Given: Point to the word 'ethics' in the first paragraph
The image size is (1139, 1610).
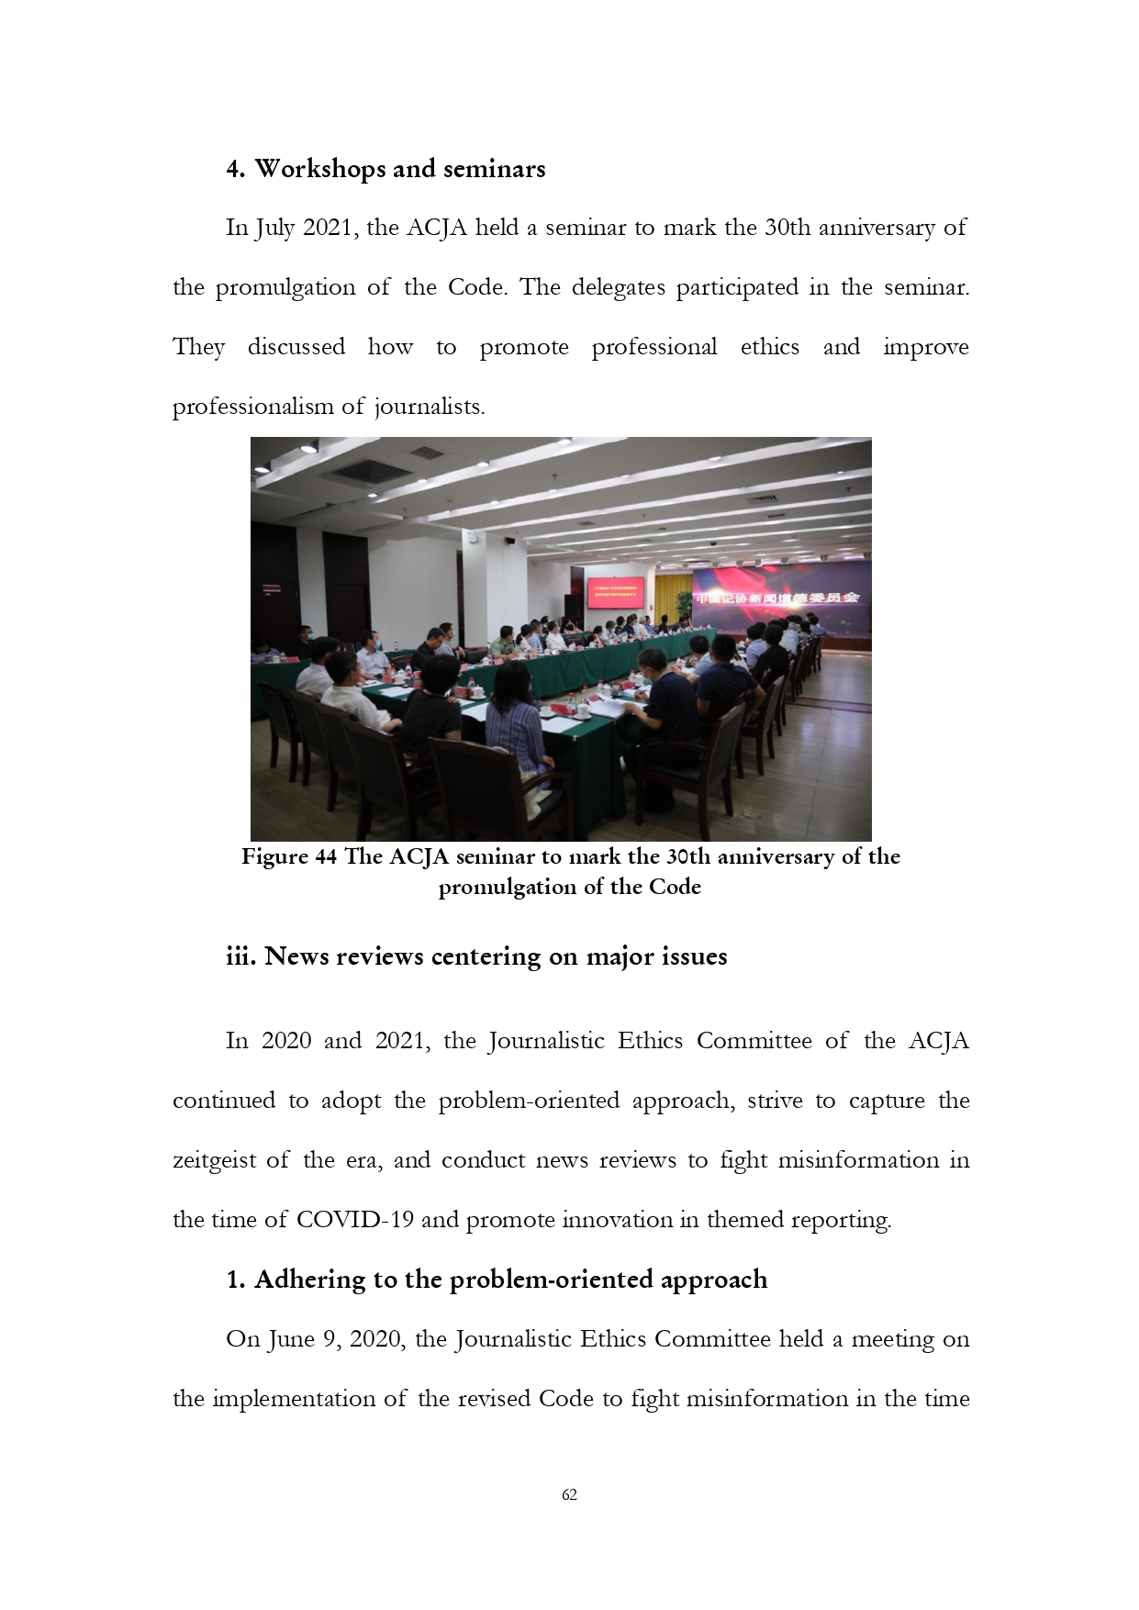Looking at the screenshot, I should (769, 347).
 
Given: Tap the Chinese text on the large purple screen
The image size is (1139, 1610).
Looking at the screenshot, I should (776, 598).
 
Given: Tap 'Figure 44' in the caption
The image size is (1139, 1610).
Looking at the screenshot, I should (288, 856).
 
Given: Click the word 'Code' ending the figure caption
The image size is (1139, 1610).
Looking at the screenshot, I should (675, 887).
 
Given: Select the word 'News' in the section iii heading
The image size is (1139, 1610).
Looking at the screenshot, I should (296, 956).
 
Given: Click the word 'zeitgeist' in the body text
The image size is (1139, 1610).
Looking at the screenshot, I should (214, 1160).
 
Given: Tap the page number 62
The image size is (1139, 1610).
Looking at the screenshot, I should (569, 1494).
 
